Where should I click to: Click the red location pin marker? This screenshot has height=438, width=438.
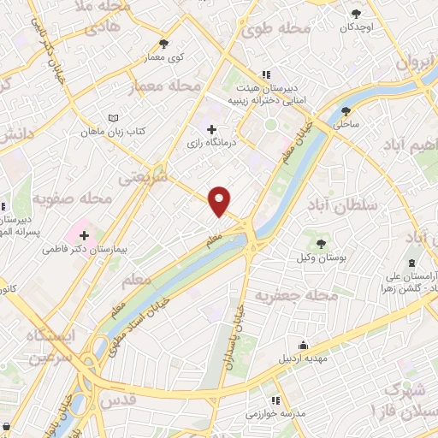221,200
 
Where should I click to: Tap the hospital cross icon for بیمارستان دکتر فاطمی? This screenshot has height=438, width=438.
84,234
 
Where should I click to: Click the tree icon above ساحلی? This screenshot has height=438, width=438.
346,111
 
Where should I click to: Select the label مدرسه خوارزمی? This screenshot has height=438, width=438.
279,414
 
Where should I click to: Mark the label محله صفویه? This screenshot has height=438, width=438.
72,199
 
